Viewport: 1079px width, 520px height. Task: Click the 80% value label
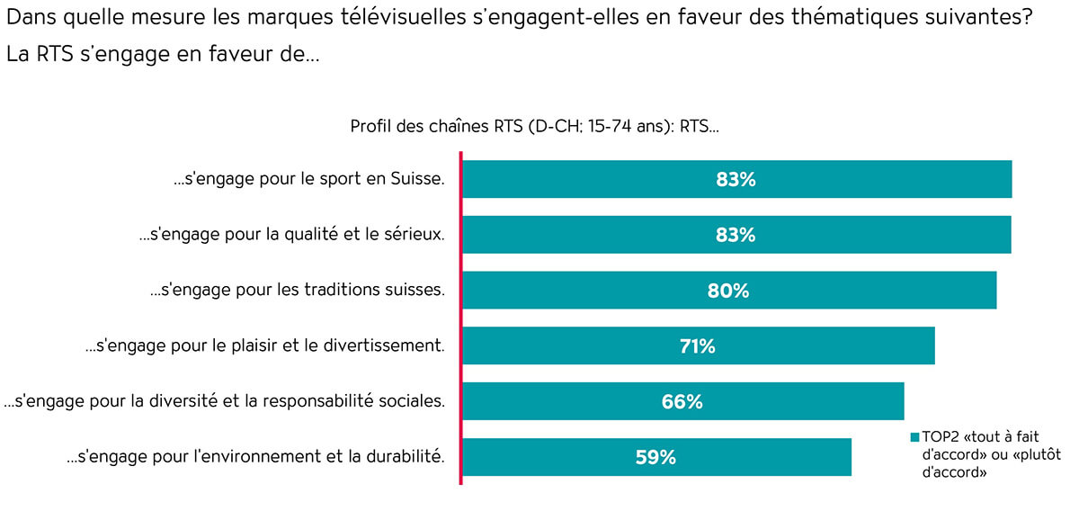(x=728, y=291)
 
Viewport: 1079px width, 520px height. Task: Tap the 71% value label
(x=697, y=346)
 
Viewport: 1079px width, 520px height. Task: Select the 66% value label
(x=682, y=402)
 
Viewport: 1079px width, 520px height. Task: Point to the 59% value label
(x=655, y=457)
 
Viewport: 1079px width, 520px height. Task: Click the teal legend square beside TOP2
(x=914, y=437)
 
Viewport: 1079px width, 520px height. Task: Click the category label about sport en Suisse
(x=309, y=179)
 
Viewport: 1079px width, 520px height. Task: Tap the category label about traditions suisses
(x=297, y=291)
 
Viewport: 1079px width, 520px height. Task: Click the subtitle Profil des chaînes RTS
(x=534, y=127)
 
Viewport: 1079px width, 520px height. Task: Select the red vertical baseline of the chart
(x=460, y=319)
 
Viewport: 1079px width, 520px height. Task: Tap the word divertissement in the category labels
(x=384, y=346)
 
